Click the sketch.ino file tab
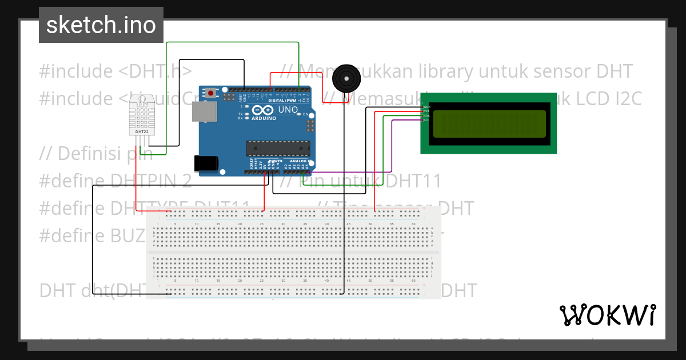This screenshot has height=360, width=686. (x=101, y=25)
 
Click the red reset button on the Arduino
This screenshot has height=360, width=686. (x=212, y=92)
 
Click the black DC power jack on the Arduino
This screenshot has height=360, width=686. (x=205, y=163)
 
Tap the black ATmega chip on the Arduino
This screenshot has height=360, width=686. (x=278, y=148)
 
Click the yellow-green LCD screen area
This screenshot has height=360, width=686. (x=489, y=124)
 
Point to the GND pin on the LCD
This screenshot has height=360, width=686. (x=426, y=107)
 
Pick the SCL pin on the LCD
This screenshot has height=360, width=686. (x=426, y=120)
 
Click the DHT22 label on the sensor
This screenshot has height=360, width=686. (x=141, y=132)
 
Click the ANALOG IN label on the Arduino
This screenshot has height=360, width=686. (x=298, y=161)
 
